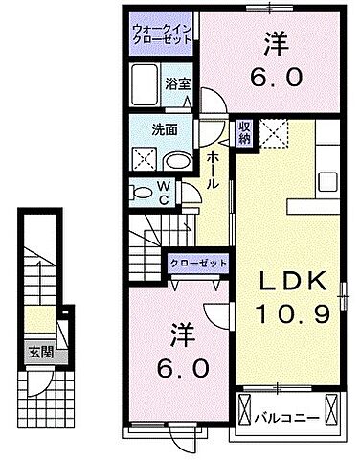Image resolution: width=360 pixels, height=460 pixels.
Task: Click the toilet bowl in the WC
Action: tap(143, 191)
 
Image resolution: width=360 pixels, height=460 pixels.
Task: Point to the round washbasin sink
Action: tap(176, 159)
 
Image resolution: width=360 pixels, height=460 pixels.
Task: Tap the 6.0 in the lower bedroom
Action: tap(178, 367)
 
